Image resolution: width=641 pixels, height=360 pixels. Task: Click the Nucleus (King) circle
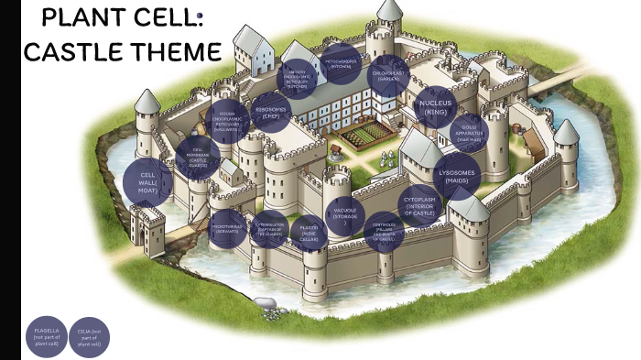pos(436,107)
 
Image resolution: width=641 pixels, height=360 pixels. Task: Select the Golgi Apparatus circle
pos(469,134)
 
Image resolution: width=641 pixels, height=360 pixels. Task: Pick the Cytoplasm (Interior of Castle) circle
pos(422,206)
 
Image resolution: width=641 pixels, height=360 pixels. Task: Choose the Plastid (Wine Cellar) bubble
pos(309,232)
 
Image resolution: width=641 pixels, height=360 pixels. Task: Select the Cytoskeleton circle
pos(270,229)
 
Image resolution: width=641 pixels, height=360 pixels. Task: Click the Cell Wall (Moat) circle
pos(148,181)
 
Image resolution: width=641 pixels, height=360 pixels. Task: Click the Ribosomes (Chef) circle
pos(270,113)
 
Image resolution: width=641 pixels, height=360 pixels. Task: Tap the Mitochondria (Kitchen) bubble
pos(342,63)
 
